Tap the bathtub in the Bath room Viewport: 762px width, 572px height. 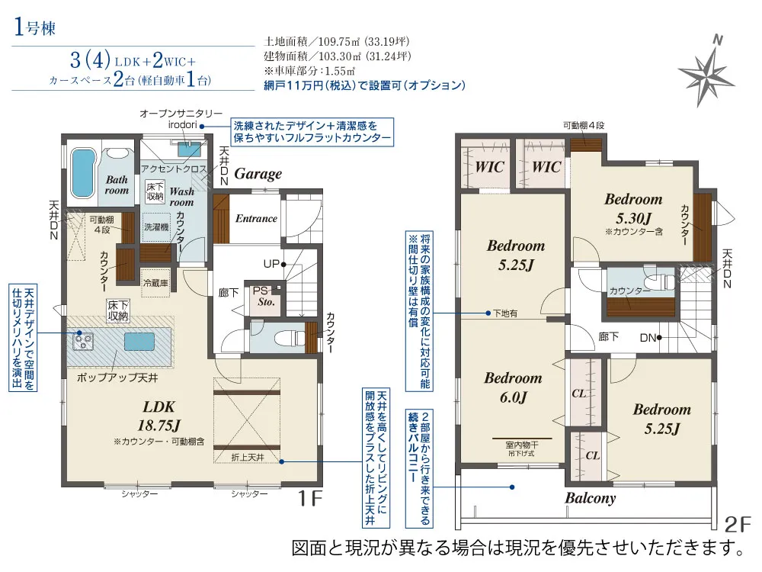83,171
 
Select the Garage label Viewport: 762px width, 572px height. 258,174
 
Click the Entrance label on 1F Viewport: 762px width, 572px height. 256,218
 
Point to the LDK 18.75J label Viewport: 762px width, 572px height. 159,416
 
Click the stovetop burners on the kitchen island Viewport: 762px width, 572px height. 82,340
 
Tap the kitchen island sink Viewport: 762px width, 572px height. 139,341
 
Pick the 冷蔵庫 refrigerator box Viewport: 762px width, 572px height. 155,283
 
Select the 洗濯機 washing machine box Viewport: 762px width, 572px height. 156,227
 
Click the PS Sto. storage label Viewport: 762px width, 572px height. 266,296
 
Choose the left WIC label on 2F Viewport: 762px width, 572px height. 489,167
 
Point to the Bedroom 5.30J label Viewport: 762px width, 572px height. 633,208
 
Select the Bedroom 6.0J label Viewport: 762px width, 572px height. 513,387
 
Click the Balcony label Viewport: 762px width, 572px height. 590,498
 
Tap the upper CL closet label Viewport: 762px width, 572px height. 578,393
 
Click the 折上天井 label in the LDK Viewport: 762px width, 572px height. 248,457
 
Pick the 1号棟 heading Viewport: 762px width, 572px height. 34,27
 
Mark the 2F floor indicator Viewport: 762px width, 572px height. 737,524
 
